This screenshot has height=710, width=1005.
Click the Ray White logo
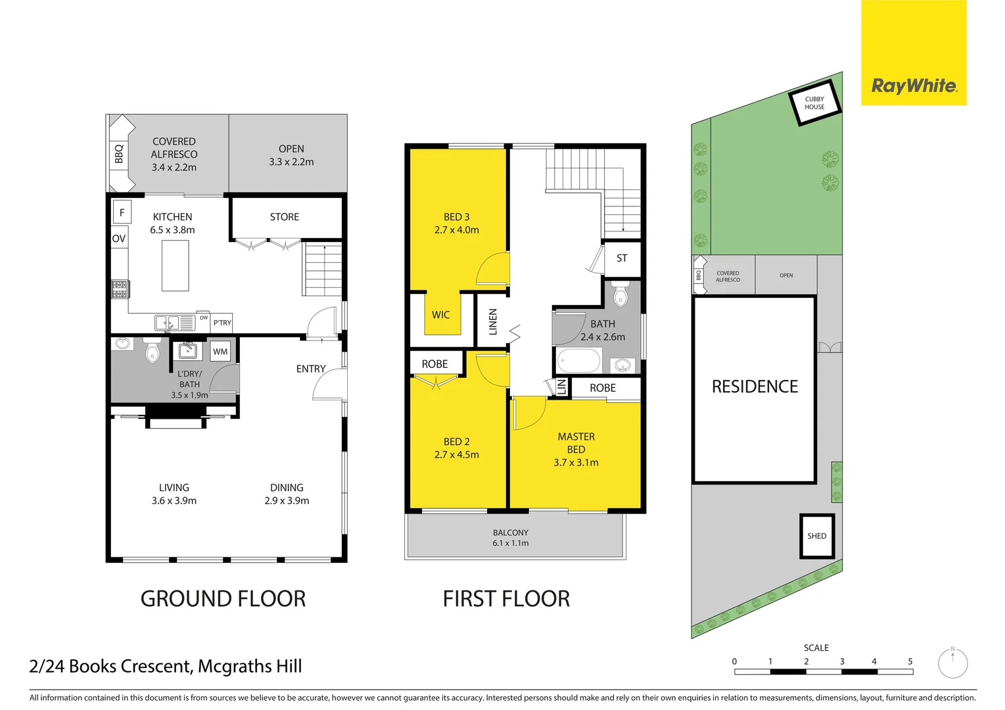914,85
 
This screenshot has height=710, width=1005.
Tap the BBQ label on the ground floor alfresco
119,154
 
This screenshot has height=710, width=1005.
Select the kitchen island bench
175,266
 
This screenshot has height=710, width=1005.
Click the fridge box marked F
122,212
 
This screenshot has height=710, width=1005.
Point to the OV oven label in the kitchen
119,239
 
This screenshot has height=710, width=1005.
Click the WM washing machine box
220,352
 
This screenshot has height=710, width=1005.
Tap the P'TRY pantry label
222,323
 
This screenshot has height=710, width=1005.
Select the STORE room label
284,217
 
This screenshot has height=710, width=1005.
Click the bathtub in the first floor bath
579,361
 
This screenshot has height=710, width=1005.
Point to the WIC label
440,315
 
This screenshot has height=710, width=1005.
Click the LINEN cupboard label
493,322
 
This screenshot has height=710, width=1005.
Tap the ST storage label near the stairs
622,258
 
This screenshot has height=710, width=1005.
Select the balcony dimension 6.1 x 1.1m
511,543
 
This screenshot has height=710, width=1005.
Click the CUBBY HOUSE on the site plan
814,103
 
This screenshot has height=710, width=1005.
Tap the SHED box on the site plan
817,536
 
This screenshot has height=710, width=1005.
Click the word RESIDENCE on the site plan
755,387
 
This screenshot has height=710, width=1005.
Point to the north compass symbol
952,663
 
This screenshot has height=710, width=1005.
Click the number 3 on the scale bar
842,661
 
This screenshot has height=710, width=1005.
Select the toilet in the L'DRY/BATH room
152,352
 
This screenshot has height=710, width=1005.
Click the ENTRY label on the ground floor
311,369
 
